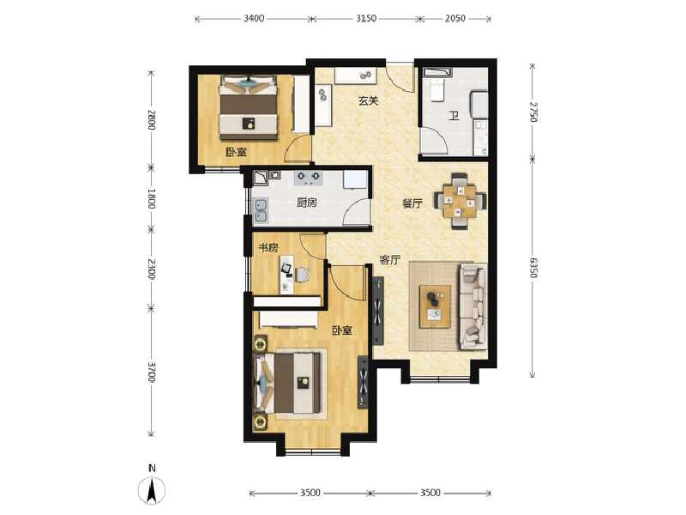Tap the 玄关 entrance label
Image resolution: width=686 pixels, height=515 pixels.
[368, 100]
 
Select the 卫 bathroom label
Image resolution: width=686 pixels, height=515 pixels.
[450, 118]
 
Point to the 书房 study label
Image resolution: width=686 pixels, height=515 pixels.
[268, 248]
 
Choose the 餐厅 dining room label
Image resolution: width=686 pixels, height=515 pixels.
[412, 204]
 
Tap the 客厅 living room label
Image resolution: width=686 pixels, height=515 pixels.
[390, 260]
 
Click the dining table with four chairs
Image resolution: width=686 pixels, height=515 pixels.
[460, 199]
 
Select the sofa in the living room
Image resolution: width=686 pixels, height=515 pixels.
[472, 306]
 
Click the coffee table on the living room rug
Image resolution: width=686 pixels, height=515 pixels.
[436, 305]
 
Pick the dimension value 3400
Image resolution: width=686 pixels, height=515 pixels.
[254, 17]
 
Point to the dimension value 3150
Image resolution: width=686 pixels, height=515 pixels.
[366, 17]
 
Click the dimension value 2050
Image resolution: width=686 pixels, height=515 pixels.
[454, 17]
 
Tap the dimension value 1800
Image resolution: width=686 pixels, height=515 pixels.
[151, 199]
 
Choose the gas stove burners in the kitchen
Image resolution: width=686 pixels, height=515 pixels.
[308, 179]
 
